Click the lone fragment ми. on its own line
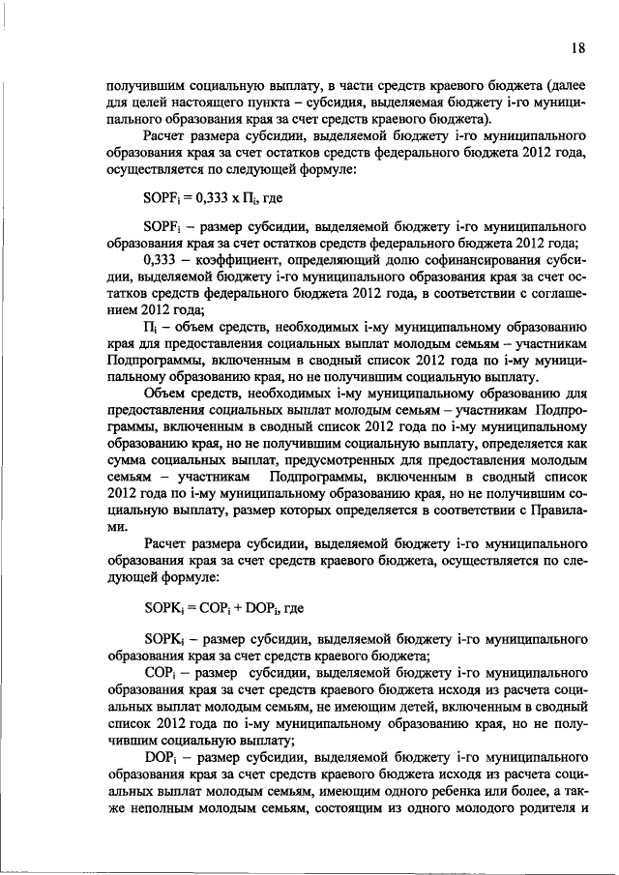(x=115, y=529)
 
